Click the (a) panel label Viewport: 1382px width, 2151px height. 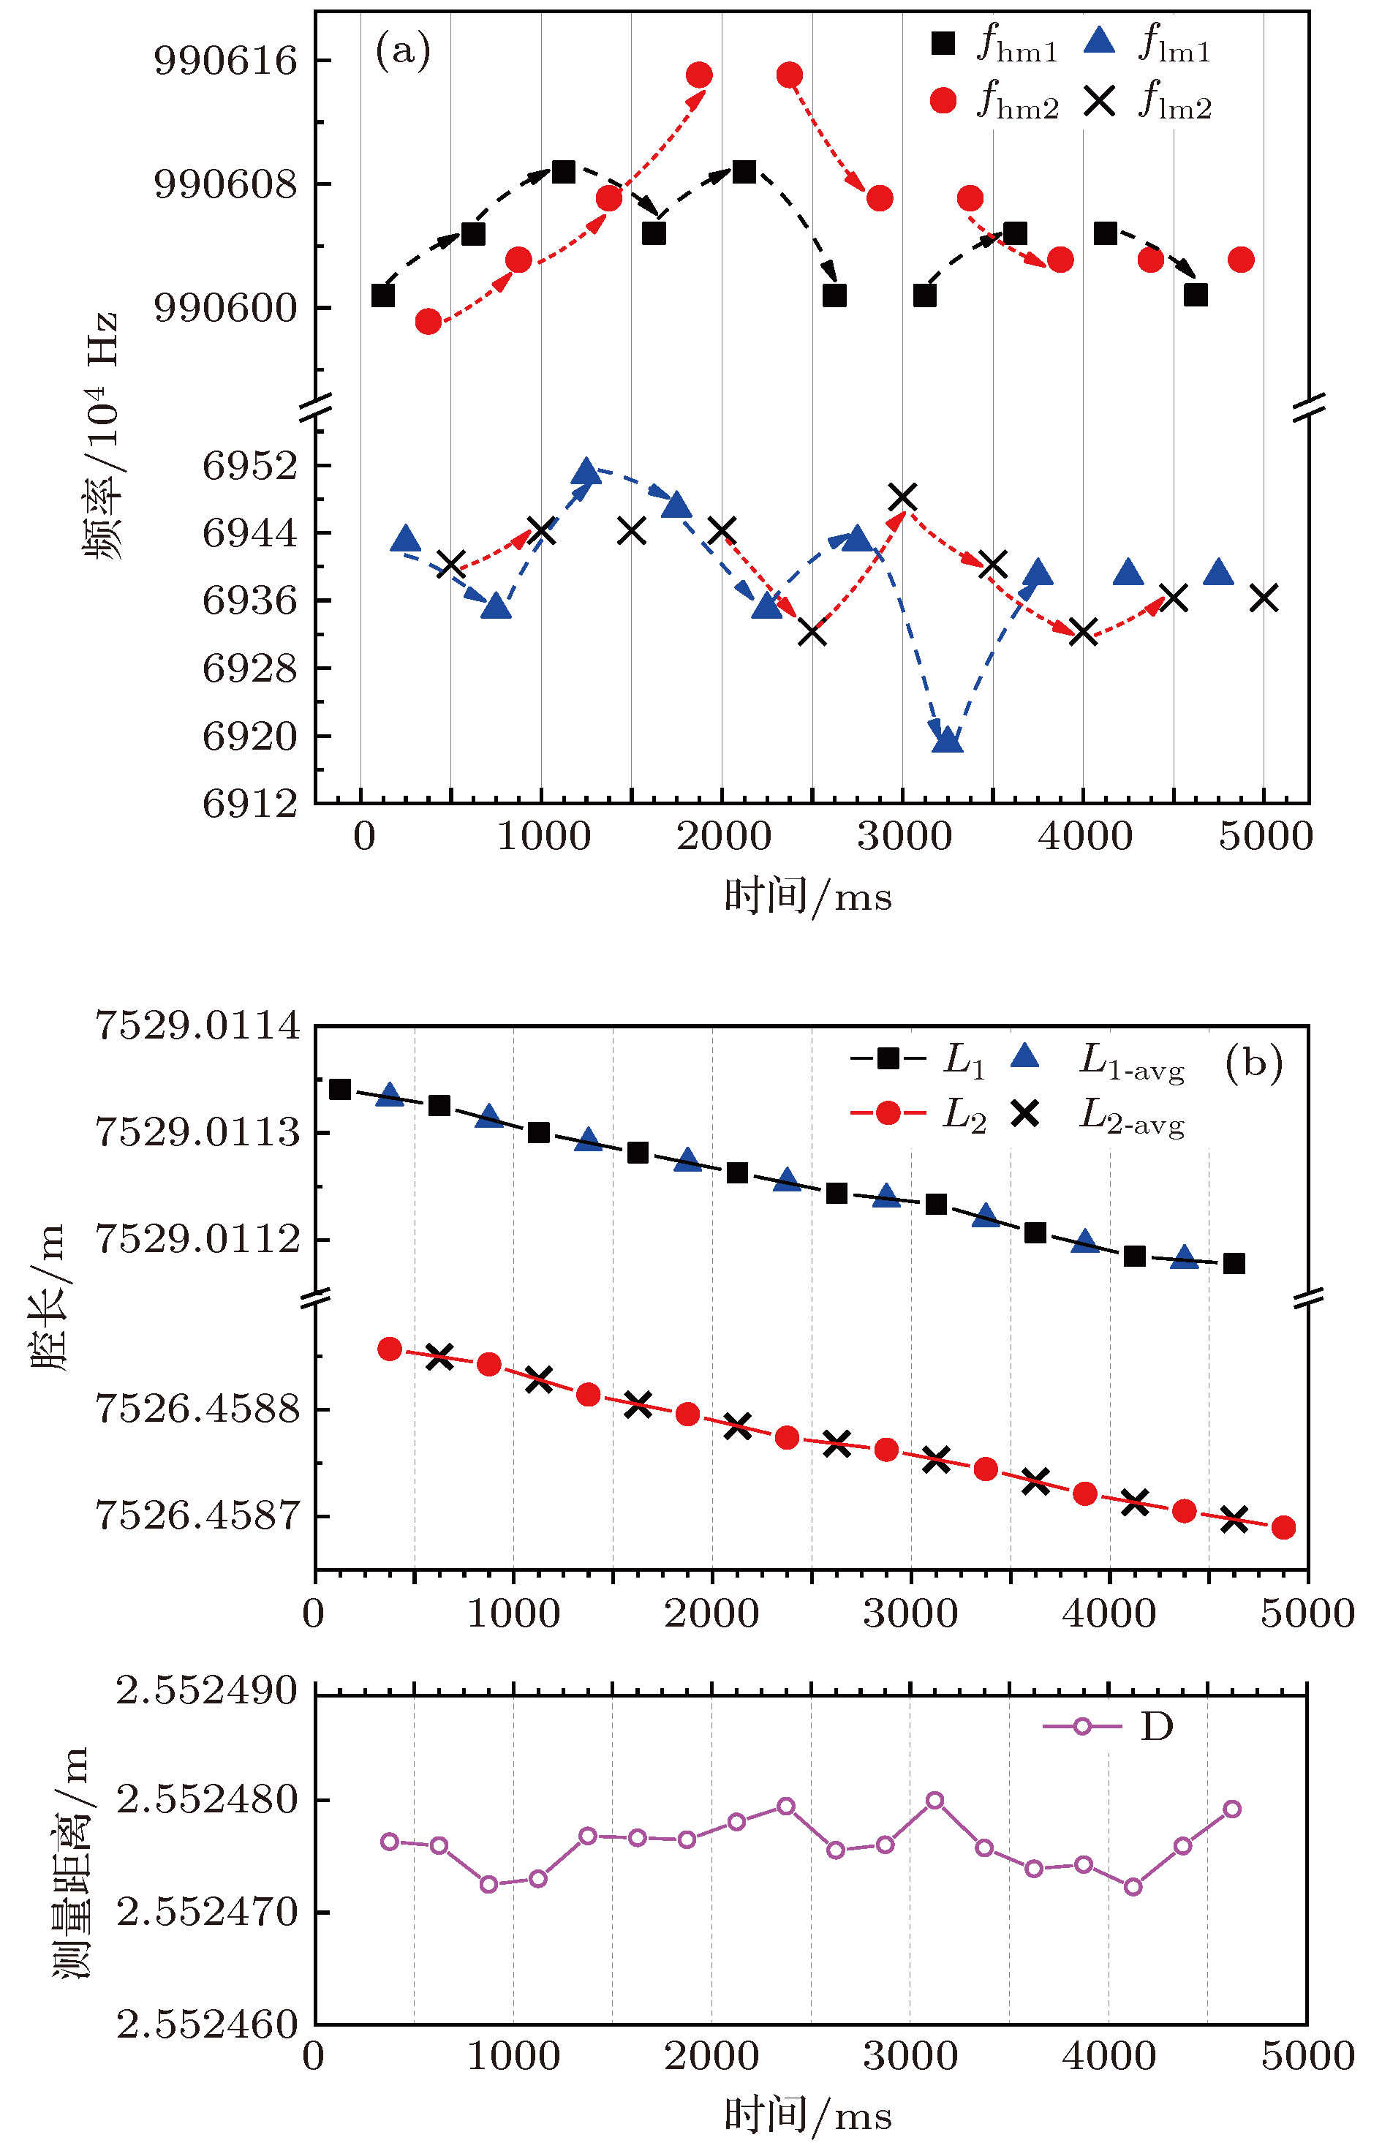pyautogui.click(x=403, y=51)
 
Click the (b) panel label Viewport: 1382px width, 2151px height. pyautogui.click(x=1253, y=1063)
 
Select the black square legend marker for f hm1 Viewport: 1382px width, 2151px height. pyautogui.click(x=943, y=43)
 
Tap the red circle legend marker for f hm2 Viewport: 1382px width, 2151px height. pyautogui.click(x=943, y=100)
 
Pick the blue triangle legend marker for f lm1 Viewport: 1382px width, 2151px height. pyautogui.click(x=1099, y=41)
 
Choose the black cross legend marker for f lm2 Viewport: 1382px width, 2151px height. pyautogui.click(x=1099, y=102)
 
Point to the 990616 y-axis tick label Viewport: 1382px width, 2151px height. pyautogui.click(x=225, y=61)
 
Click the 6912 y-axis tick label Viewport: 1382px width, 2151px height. pyautogui.click(x=249, y=803)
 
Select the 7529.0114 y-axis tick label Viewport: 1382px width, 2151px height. pyautogui.click(x=197, y=1025)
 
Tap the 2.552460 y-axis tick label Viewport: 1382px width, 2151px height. pyautogui.click(x=208, y=2025)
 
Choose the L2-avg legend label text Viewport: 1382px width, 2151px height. pyautogui.click(x=1130, y=1118)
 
